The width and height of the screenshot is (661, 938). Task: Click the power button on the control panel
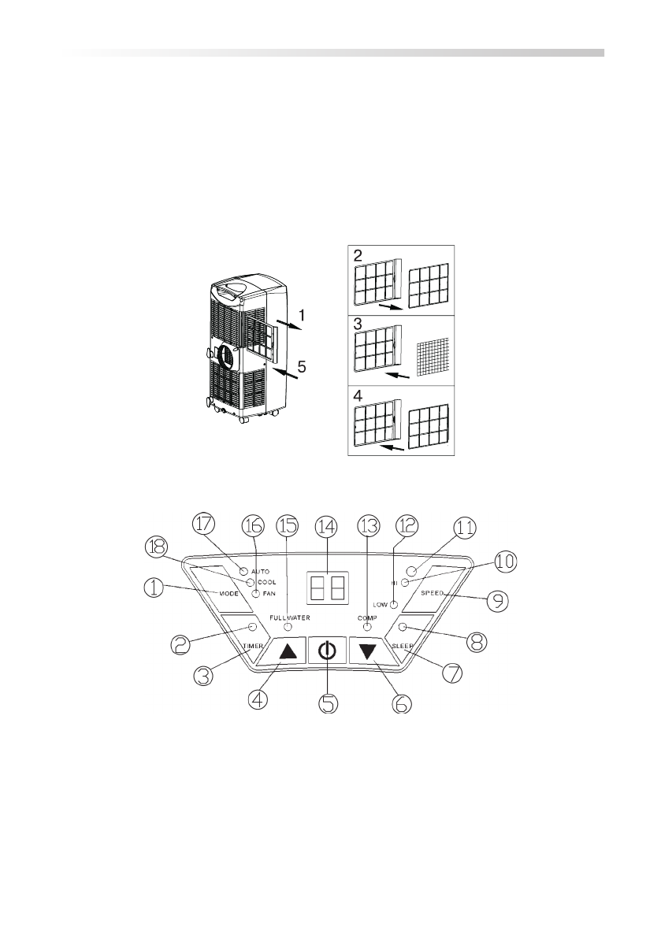(x=327, y=650)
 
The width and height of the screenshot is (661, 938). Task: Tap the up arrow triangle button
(x=287, y=651)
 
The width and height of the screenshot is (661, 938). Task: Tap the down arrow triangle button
(x=368, y=651)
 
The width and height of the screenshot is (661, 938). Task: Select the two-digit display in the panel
(x=328, y=588)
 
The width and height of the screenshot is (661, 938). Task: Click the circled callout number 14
(x=327, y=526)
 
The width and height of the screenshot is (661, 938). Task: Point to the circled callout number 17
(x=204, y=525)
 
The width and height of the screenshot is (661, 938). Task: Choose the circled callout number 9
(x=497, y=599)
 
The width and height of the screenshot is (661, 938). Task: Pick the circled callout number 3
(x=204, y=676)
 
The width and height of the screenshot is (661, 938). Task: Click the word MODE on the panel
(x=228, y=594)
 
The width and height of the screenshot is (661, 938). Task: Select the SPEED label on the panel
(x=432, y=593)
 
